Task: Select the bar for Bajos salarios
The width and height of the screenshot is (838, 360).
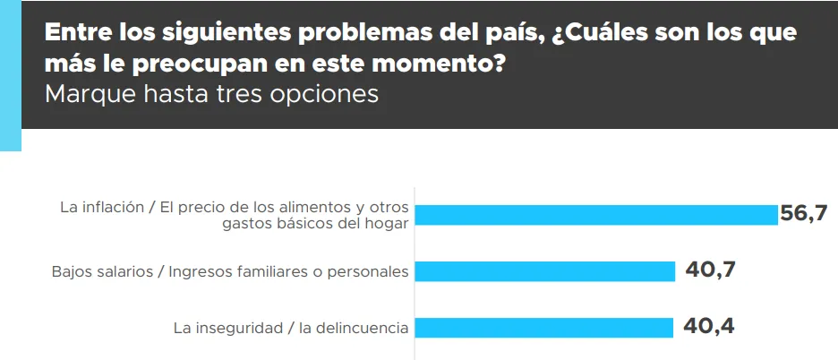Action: pyautogui.click(x=546, y=271)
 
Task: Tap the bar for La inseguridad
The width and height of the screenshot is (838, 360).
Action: pyautogui.click(x=545, y=328)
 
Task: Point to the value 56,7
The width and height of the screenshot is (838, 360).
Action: pyautogui.click(x=803, y=213)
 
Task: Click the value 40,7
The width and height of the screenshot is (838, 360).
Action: pyautogui.click(x=710, y=270)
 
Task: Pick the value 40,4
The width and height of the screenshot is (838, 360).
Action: pyautogui.click(x=708, y=326)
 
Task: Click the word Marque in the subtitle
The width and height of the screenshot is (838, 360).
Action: pyautogui.click(x=90, y=94)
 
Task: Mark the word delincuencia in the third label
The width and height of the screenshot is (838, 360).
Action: pyautogui.click(x=363, y=328)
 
